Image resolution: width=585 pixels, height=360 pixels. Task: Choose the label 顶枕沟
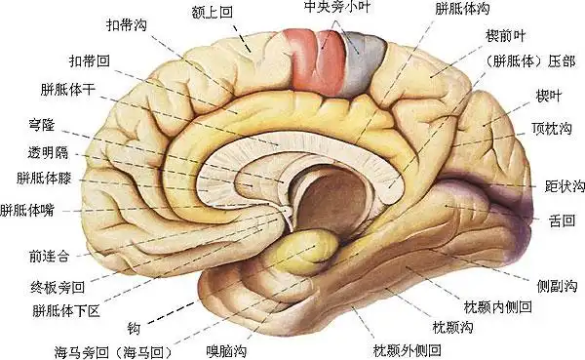coord(552,128)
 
